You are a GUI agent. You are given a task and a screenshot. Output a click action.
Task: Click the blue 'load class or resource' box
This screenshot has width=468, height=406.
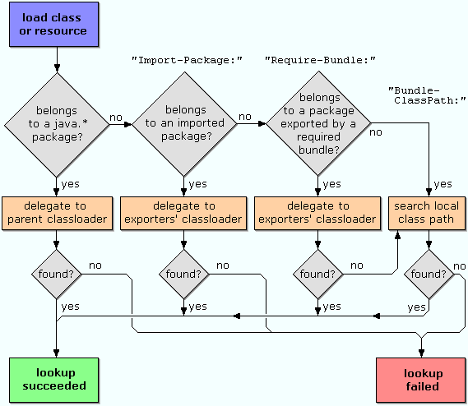pos(53,24)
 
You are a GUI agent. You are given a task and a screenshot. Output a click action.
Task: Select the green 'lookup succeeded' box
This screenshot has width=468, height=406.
pos(53,380)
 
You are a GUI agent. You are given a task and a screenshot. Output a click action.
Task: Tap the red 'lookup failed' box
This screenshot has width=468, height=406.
pos(421,380)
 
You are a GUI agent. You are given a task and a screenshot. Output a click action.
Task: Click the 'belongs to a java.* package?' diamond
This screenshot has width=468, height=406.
pos(57,125)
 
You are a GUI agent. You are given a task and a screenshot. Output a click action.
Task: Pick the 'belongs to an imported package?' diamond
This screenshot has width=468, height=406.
pos(184,124)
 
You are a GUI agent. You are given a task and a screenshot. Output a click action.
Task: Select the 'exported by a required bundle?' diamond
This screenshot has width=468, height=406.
pos(318,123)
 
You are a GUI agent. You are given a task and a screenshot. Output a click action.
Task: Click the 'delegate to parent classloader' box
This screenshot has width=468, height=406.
pos(57,213)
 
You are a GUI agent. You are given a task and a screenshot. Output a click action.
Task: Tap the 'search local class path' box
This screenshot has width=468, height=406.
pos(427,213)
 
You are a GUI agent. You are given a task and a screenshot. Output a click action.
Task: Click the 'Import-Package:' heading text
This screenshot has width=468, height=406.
pos(187,60)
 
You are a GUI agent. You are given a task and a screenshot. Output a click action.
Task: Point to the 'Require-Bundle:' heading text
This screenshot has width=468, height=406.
pos(320,60)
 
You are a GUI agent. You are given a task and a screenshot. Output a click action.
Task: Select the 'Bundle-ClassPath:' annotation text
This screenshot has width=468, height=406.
pos(427,95)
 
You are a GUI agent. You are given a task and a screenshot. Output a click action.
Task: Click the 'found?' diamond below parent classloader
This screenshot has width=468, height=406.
pos(57,274)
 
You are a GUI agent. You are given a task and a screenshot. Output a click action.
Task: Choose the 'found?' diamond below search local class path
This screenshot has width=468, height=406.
pos(429,274)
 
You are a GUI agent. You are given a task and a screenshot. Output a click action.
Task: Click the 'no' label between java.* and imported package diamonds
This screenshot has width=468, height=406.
pos(116,118)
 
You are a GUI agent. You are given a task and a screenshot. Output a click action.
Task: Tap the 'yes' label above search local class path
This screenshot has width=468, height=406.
pos(443,184)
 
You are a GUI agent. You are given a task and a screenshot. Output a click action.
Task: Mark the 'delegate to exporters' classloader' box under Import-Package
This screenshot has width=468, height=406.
pos(183,213)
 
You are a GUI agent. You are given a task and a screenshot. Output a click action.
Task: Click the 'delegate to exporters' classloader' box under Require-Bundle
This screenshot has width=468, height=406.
pos(317,213)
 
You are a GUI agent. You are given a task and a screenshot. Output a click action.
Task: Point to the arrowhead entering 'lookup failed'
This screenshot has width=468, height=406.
pos(421,353)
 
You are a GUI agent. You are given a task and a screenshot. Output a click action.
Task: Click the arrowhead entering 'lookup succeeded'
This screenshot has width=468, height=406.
pos(57,353)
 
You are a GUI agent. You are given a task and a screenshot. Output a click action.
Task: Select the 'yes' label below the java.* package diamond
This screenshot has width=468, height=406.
pos(71,184)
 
